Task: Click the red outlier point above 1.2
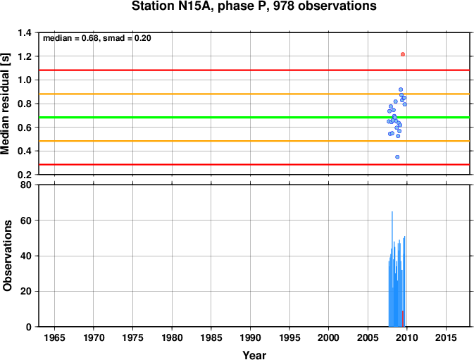[403, 54]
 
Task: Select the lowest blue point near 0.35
[397, 157]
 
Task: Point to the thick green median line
[254, 117]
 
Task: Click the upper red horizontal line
[254, 70]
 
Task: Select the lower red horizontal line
[254, 164]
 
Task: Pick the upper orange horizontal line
[254, 94]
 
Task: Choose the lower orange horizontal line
[254, 141]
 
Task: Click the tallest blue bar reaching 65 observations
[392, 269]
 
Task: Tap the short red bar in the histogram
[403, 318]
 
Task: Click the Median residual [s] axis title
[5, 104]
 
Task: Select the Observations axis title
[7, 256]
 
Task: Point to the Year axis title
[254, 355]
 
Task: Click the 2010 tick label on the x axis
[407, 337]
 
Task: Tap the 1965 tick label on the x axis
[54, 337]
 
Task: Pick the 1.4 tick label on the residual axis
[25, 32]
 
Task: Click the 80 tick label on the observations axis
[25, 185]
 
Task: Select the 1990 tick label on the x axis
[250, 337]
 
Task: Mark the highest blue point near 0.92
[401, 89]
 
